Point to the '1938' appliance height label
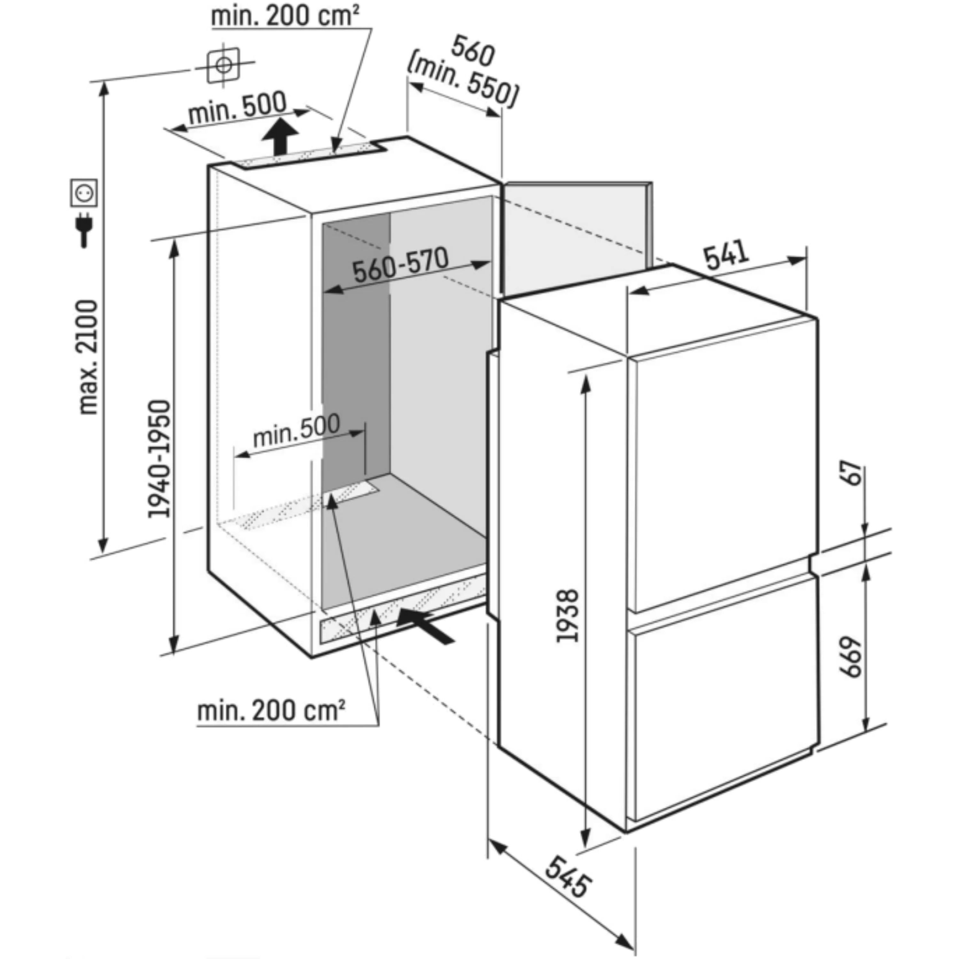pyautogui.click(x=567, y=615)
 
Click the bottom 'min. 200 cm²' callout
pyautogui.click(x=271, y=711)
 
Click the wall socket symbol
pyautogui.click(x=83, y=192)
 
